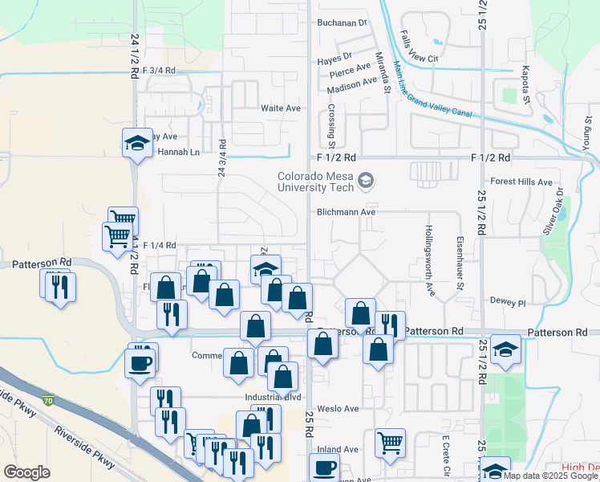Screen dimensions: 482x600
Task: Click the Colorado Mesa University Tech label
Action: pos(315,182)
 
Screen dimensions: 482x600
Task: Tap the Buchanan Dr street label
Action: pos(341,22)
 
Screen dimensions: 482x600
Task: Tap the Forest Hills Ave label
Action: pos(522,182)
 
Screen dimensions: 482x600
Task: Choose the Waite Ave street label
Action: pos(280,108)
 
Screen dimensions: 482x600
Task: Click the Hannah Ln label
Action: pos(177,152)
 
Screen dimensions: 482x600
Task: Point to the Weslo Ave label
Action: pos(339,409)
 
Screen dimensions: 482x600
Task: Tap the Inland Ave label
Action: pos(337,449)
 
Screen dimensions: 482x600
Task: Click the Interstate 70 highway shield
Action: pos(49,400)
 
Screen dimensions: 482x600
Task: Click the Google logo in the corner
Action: pos(26,472)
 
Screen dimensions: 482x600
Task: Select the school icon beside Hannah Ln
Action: pos(136,144)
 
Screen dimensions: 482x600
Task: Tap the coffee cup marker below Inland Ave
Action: pos(324,468)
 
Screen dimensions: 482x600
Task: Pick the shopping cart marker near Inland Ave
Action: pos(390,442)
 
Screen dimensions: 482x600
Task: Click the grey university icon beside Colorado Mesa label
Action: pos(367,180)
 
